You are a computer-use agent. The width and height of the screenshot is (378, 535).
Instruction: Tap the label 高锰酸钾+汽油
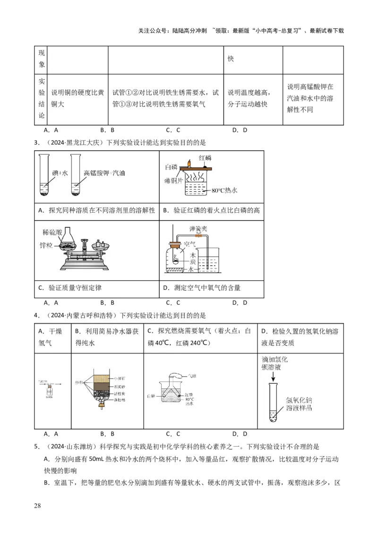coord(104,173)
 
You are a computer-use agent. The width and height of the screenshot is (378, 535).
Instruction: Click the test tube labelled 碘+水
coord(44,177)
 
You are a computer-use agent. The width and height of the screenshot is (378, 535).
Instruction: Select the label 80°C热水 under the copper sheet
coord(224,190)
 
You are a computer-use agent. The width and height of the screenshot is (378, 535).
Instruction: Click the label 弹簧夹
coord(198,227)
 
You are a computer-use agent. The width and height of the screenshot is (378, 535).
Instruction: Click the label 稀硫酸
coord(52,232)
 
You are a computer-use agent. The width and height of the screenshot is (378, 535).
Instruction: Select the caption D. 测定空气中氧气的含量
coord(202,287)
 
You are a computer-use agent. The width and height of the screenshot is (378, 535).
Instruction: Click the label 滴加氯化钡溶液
coord(274,362)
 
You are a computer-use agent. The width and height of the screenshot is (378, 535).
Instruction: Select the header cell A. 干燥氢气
coord(50,337)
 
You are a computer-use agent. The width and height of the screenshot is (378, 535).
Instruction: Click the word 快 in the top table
coord(231,59)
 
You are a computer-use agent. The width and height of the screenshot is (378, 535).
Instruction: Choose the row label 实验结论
coord(42,98)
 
